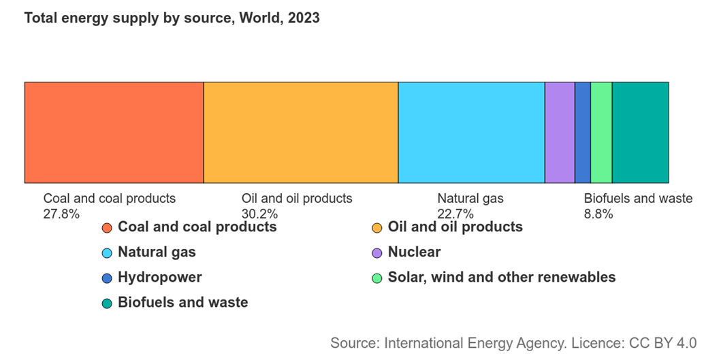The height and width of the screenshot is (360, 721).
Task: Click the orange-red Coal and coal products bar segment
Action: tap(114, 133)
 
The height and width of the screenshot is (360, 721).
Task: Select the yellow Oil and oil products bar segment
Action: tap(300, 133)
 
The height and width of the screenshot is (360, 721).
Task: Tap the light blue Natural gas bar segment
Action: tap(471, 133)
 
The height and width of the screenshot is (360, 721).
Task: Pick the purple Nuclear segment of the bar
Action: tap(560, 133)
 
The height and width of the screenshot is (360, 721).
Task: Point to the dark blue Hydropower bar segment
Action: tap(583, 133)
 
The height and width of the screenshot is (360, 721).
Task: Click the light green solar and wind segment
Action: tap(601, 133)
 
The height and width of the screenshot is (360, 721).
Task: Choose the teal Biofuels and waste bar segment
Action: tap(640, 133)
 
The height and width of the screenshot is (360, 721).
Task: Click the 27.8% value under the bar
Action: tap(61, 214)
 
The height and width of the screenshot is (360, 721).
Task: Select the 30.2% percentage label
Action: tap(259, 214)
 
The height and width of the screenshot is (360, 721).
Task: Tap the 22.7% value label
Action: tap(455, 214)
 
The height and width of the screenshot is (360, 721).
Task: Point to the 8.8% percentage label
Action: tap(598, 214)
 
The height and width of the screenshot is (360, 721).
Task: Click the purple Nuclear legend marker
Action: tap(376, 253)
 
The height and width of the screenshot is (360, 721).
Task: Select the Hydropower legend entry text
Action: tap(159, 277)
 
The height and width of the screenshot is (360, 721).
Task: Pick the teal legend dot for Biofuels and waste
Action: tap(107, 304)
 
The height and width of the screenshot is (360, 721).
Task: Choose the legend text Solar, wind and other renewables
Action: tap(501, 277)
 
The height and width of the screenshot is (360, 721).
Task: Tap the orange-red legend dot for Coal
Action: tap(107, 227)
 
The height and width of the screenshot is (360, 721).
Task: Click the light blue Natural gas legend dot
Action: tap(107, 253)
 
